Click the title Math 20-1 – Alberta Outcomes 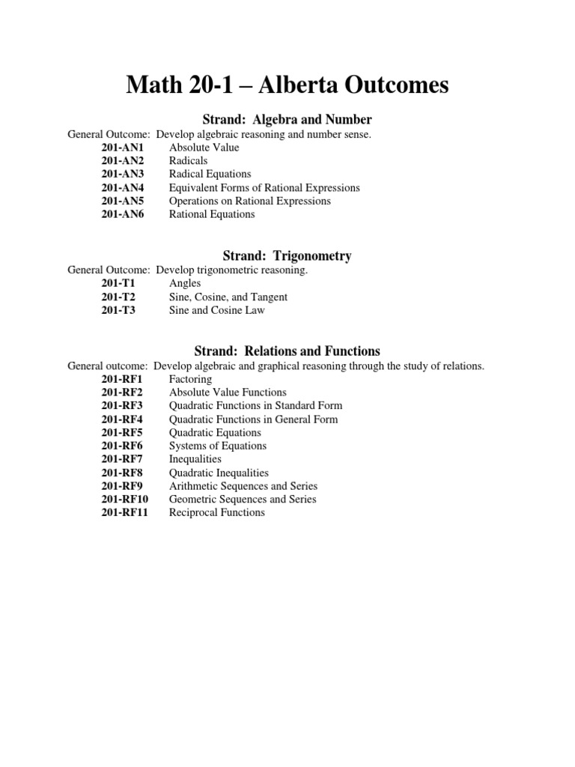(287, 86)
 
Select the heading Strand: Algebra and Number (287, 120)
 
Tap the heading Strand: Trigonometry (287, 256)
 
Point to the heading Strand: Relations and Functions (287, 351)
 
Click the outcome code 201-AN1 (123, 148)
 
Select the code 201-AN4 (123, 187)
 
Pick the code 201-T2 (118, 297)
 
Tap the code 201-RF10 (125, 499)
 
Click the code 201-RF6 (122, 446)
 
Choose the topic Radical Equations (210, 174)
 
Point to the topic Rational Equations (212, 214)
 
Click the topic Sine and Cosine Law (217, 310)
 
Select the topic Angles (185, 284)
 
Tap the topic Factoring (190, 379)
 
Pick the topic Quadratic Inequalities (219, 473)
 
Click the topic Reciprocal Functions (217, 512)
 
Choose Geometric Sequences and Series (243, 499)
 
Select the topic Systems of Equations (218, 446)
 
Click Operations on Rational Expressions (250, 201)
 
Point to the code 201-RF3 (122, 406)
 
